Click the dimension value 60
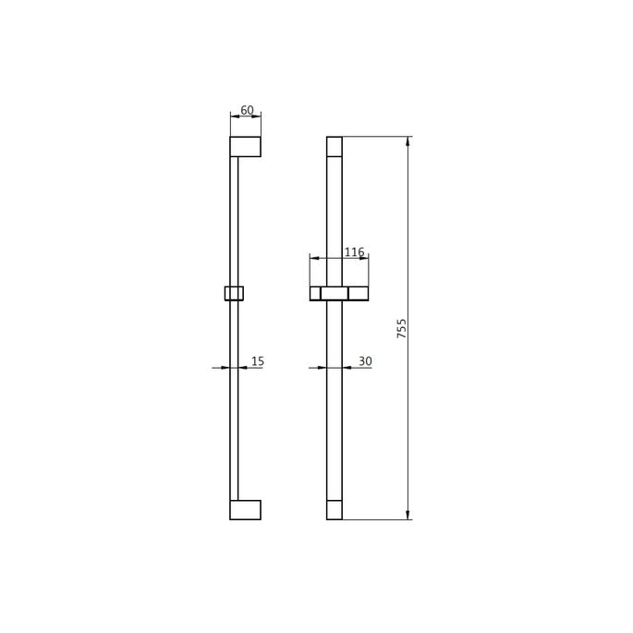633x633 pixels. pos(247,110)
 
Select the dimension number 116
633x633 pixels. pos(354,252)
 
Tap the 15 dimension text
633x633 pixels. pos(257,361)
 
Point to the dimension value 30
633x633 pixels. pos(365,361)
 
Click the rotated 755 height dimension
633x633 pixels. pos(402,328)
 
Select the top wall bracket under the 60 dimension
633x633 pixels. pos(245,147)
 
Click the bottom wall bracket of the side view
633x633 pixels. pos(245,510)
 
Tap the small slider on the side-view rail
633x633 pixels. pos(234,293)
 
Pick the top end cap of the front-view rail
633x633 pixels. pos(335,146)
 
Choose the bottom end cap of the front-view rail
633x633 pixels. pos(335,510)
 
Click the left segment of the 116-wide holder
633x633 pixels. pos(315,293)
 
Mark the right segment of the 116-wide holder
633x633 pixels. pos(359,293)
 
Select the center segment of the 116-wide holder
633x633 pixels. pos(335,293)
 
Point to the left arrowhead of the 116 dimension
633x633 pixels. pos(313,259)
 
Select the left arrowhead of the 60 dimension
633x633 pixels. pos(234,116)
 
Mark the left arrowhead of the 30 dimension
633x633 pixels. pos(323,368)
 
